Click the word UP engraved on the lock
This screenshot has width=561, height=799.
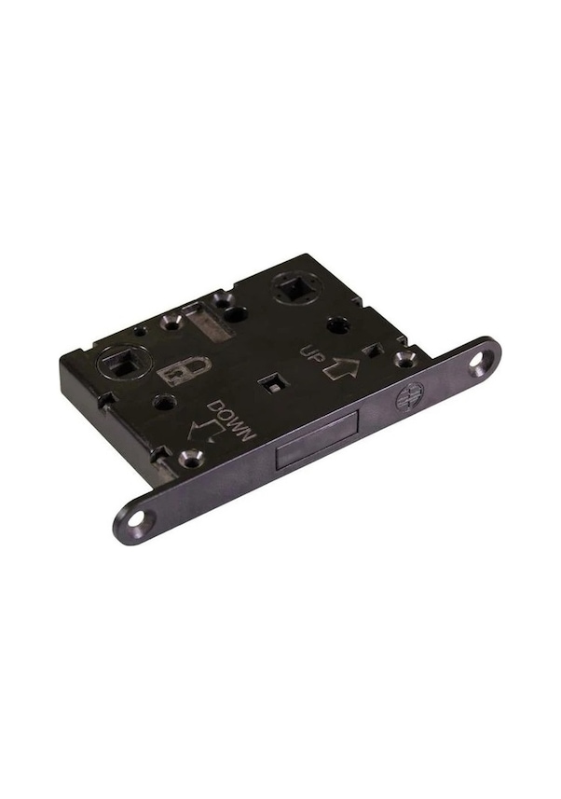pyautogui.click(x=311, y=352)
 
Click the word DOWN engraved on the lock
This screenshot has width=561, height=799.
pyautogui.click(x=232, y=420)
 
